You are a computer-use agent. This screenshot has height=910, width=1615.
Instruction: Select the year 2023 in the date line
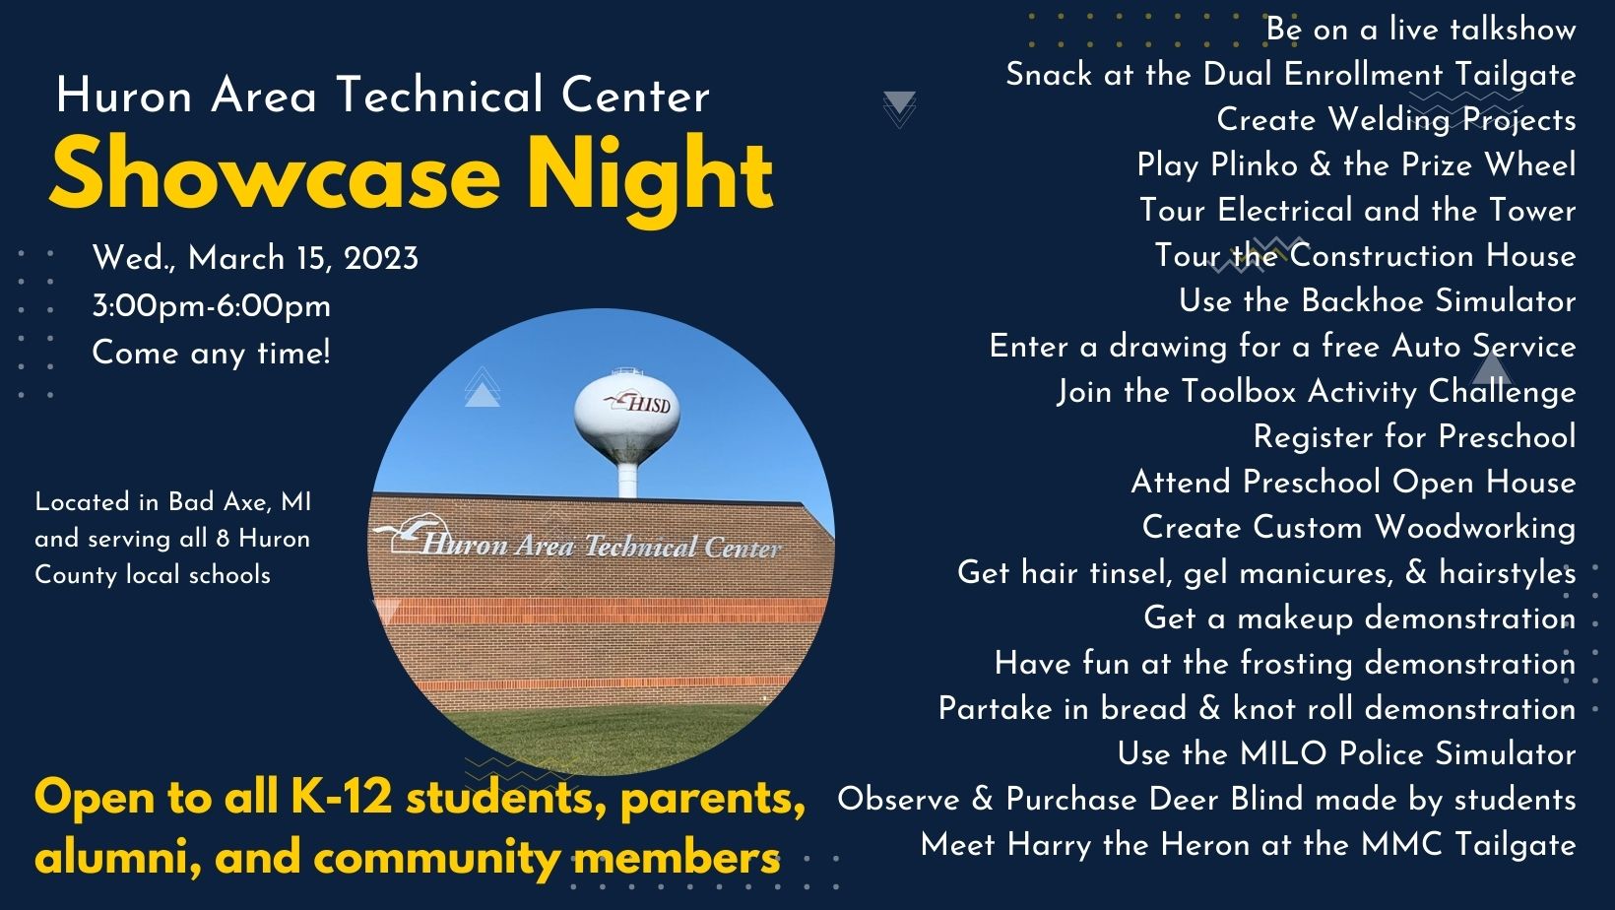381,259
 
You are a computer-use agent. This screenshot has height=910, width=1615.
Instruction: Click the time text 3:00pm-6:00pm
211,306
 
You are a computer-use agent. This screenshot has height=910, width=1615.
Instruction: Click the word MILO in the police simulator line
1283,753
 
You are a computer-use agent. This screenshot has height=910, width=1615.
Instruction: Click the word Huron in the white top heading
124,97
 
